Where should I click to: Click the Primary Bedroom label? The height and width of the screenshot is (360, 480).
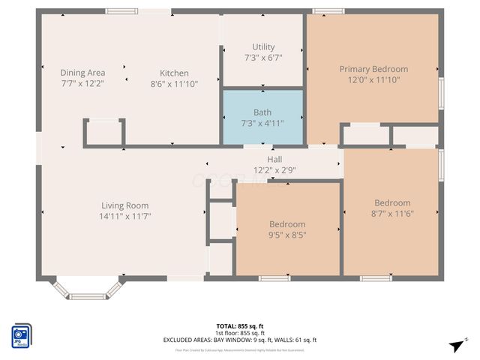pos(373,69)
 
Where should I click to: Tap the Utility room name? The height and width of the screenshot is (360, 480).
pos(263,46)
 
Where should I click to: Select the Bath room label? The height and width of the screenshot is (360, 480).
pos(262,112)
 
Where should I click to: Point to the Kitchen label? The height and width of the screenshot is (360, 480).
pos(174,73)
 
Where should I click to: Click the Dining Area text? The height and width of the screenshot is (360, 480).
pos(82,73)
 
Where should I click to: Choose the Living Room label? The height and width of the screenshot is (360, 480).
pos(125,205)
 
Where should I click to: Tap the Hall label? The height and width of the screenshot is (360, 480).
pos(274,160)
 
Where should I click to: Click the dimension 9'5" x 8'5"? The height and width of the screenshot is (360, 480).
pos(287,235)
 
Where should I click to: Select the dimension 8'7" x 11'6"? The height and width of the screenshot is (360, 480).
pos(392,213)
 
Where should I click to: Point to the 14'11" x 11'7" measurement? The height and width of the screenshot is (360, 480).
pos(125,216)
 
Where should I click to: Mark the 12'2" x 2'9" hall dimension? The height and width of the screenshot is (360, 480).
pos(274,170)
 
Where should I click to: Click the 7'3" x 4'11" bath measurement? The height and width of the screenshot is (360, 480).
pos(262,123)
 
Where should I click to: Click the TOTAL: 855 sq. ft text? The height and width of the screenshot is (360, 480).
pos(240,326)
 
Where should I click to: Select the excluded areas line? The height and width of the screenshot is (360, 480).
pos(240,340)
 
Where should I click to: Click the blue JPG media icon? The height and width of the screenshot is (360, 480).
pos(19,334)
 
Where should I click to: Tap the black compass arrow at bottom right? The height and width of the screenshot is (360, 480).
pos(454,345)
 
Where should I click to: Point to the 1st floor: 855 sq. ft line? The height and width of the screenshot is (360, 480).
pos(240,333)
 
